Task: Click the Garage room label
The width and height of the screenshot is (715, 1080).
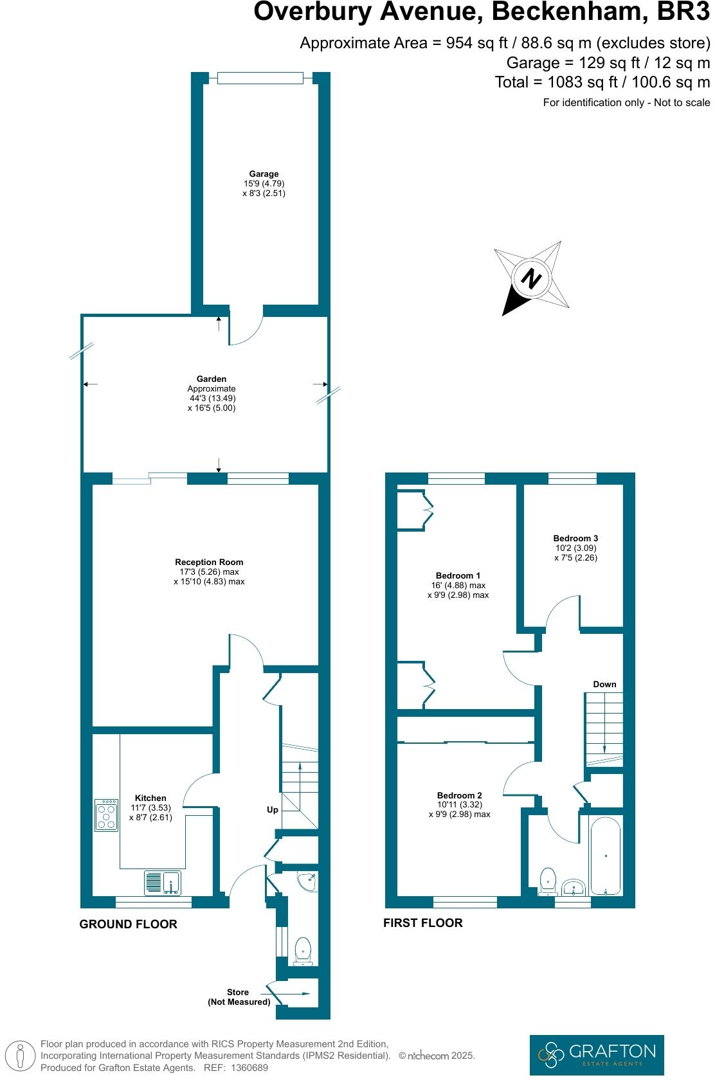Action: pos(264,174)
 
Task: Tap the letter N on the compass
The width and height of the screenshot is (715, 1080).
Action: pos(531,279)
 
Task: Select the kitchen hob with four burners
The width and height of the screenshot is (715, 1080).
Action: pos(107,815)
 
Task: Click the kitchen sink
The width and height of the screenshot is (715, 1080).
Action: pos(162,882)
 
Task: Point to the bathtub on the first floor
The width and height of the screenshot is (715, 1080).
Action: pos(605,855)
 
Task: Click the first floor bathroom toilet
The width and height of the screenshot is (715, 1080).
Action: pos(548,881)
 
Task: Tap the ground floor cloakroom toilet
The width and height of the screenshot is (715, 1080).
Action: pos(302,951)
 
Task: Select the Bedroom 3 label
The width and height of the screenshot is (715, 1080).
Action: pos(575,538)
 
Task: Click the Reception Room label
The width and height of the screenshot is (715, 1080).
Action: pos(209,562)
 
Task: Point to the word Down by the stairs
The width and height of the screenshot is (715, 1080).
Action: pos(604,684)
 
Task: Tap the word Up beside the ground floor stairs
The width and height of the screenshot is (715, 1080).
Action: pos(273,809)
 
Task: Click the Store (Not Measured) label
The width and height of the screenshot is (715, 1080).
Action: pos(239,997)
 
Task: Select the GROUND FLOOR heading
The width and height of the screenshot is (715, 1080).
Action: pos(128,924)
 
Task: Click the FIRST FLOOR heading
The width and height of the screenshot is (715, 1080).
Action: pos(422,923)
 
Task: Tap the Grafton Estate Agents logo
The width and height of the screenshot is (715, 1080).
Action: pos(596,1054)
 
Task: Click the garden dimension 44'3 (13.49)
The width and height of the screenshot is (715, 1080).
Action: pos(212,398)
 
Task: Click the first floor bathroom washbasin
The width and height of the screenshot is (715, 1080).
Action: pos(573,888)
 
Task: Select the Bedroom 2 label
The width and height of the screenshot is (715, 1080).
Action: pos(459,795)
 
